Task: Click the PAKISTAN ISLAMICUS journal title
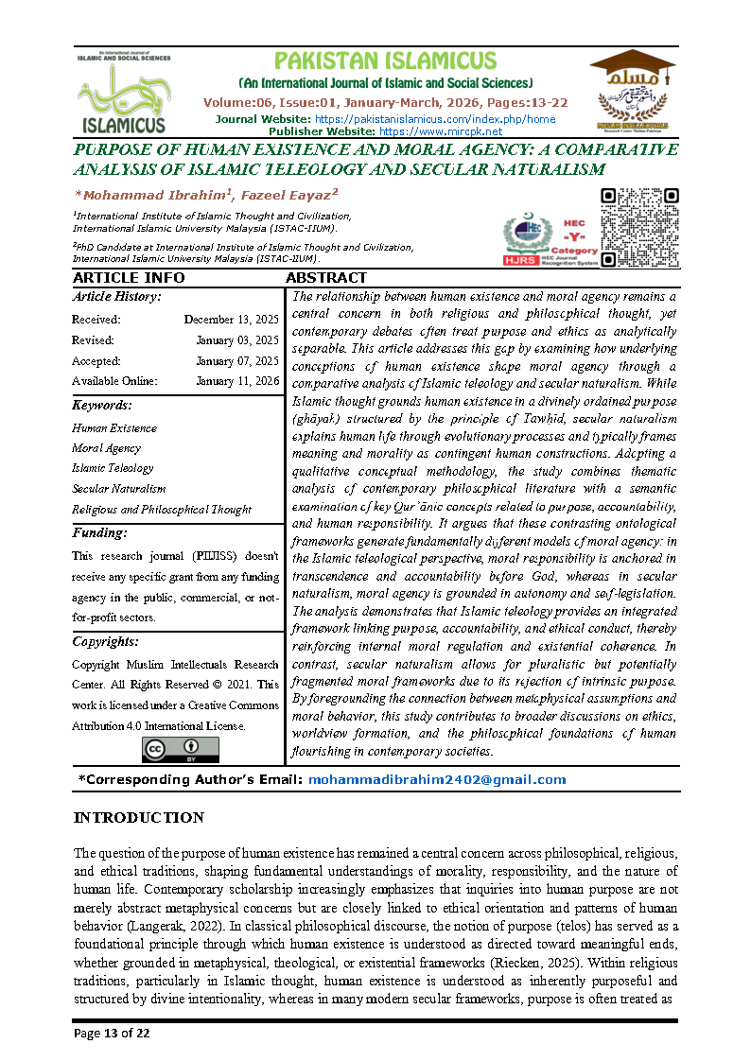(x=386, y=61)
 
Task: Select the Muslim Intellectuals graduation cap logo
(x=633, y=89)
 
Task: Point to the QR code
(x=640, y=228)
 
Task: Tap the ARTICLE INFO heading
(x=129, y=278)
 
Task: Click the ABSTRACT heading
(x=325, y=278)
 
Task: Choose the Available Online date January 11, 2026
(x=237, y=381)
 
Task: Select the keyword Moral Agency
(x=106, y=448)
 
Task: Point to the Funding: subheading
(x=99, y=533)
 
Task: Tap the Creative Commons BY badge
(x=180, y=749)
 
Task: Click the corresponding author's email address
(x=436, y=780)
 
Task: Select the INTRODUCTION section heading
(x=138, y=818)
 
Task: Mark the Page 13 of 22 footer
(x=112, y=1034)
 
